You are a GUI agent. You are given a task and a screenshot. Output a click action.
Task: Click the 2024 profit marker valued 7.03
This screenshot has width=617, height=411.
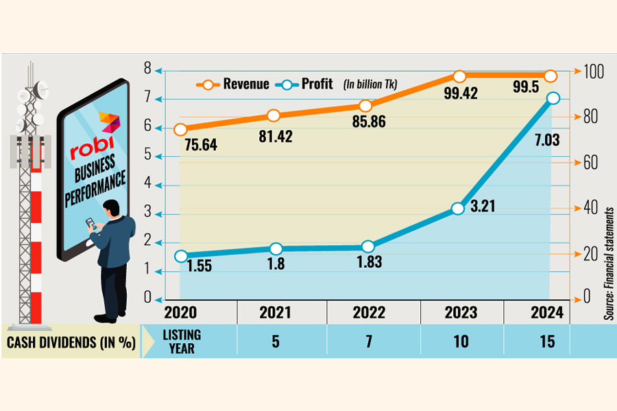[553, 99]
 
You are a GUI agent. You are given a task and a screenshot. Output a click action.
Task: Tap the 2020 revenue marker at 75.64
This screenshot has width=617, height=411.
[181, 129]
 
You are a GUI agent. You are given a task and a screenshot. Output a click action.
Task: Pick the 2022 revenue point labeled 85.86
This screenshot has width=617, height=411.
[366, 105]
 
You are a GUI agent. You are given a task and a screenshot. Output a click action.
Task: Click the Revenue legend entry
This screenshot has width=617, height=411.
[233, 84]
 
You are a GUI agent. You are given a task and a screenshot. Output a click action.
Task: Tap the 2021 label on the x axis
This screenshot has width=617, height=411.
[276, 313]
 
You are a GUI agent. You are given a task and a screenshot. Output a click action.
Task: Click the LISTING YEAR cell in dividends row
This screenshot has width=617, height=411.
[181, 341]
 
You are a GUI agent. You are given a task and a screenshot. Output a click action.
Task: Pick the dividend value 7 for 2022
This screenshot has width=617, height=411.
[368, 341]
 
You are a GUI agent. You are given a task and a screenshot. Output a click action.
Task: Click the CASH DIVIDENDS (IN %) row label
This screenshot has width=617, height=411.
[71, 341]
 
